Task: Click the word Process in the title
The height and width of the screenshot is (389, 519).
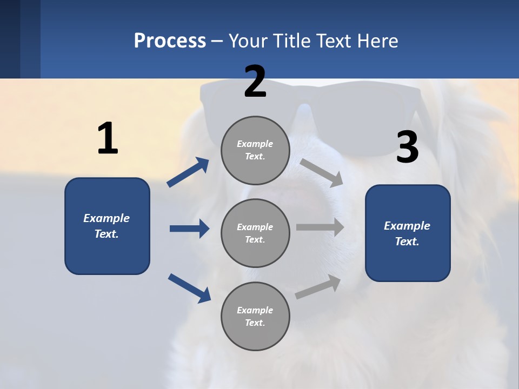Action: pos(170,41)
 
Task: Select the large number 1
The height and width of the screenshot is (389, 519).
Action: pos(108,138)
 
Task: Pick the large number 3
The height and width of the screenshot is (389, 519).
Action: pos(407,147)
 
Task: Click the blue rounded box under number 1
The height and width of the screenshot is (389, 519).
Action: pos(107,226)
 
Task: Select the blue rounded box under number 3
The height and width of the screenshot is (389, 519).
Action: pos(408,233)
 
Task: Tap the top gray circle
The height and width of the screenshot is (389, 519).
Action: pos(255,150)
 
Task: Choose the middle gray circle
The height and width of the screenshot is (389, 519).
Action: pos(255,233)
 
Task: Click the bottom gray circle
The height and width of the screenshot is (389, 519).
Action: pos(255,317)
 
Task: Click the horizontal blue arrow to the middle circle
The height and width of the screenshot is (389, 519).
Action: pos(189,229)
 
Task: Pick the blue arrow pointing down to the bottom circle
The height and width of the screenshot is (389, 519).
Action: pos(189,288)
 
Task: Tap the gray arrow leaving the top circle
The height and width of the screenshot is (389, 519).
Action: pos(322,172)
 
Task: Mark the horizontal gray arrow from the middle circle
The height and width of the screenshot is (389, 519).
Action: pos(320,227)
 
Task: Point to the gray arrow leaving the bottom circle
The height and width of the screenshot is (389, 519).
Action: pos(318,286)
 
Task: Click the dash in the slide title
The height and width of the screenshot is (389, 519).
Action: pos(217,41)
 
